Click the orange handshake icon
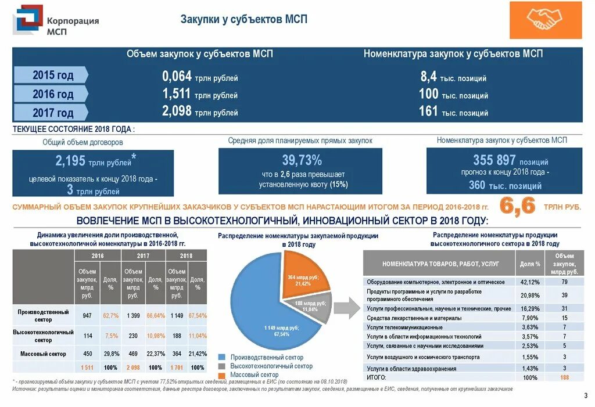[545, 20]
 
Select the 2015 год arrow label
[52, 75]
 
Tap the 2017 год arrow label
[52, 113]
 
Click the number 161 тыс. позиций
[453, 111]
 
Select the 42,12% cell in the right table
[530, 282]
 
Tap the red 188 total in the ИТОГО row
[564, 377]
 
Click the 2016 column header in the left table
[98, 255]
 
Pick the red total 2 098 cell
[133, 368]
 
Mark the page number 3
[585, 396]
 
